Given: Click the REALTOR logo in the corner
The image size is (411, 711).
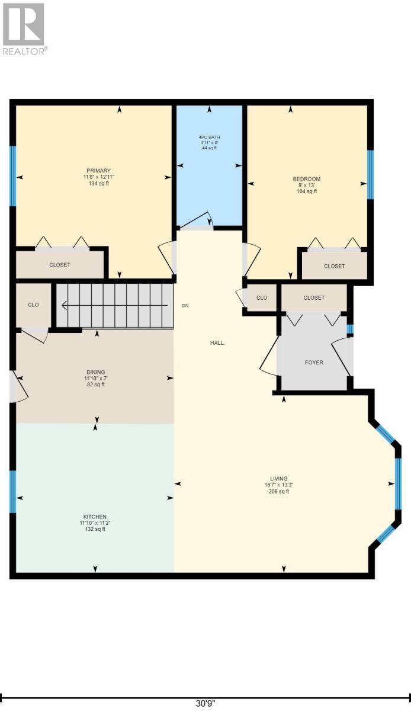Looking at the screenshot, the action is coord(24,29).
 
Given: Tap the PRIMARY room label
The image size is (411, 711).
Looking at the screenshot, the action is coord(99,171).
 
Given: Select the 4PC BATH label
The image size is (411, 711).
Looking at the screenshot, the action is coord(209,137).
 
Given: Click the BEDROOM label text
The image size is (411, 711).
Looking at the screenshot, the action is coord(307,179).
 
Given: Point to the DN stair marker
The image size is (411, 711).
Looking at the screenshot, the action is coord(185,306).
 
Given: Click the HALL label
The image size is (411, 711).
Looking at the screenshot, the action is coord(217,343).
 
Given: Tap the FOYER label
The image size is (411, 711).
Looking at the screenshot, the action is coord(314,363).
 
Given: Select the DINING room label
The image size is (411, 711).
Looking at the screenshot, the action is coord(96,372).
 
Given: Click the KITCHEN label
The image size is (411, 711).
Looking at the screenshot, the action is coord(95,517).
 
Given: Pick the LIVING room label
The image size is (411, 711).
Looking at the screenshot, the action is coord(279,478).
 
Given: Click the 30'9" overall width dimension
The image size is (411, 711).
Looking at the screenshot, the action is coord(205,704).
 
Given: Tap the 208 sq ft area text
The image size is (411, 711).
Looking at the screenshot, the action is coord(279,491).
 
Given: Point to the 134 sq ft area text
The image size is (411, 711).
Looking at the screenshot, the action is coord(99,184).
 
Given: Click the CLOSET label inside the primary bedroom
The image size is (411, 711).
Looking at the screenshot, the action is coord(60,265).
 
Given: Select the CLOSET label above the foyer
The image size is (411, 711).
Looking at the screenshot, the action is coord(314,297).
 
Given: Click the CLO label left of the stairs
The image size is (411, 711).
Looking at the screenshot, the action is coord(33,305).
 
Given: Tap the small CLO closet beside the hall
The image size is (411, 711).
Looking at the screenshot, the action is coord(262,297).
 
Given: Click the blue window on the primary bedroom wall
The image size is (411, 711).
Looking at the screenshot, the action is coord(12,176).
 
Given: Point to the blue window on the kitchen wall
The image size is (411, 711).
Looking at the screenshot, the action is coord(12,492).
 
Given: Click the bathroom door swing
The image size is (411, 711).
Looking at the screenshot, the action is coord(196,220).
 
